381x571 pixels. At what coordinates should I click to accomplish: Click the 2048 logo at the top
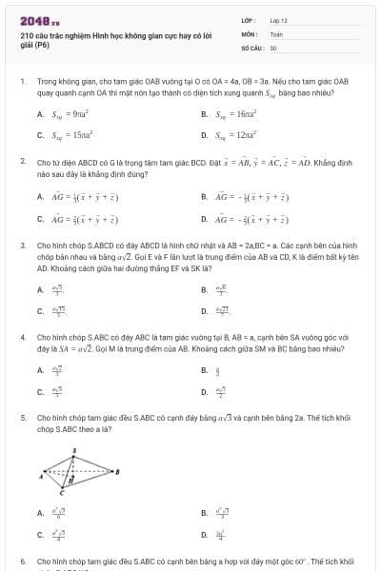33,20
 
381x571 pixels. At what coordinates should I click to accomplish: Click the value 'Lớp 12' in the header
278,19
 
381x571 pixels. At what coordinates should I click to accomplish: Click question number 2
22,162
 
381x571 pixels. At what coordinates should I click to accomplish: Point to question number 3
22,246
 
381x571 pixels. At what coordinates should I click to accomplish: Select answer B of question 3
221,289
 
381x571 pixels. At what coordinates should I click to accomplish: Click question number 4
22,337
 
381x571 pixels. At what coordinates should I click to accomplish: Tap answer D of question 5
220,535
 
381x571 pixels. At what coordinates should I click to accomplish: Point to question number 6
22,561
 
